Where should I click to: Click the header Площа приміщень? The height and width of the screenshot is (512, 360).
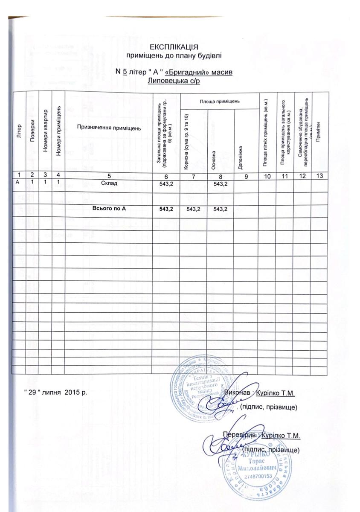pos(220,101)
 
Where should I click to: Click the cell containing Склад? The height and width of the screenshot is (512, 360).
pos(109,183)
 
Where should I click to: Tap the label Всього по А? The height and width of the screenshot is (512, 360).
pos(109,208)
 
